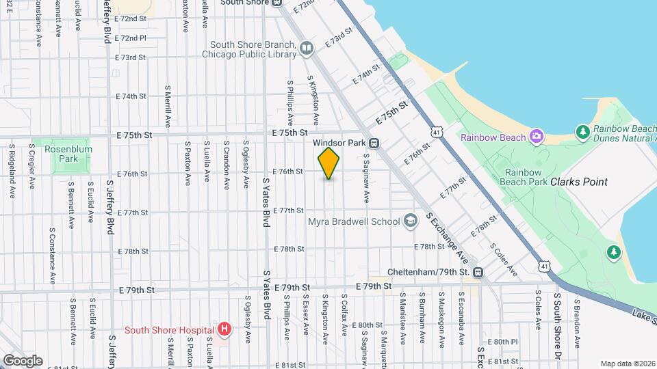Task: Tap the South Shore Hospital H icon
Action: click(x=224, y=330)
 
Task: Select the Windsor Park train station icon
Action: click(x=374, y=143)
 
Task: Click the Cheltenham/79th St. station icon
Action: click(x=477, y=272)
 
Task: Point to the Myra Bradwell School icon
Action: click(x=410, y=221)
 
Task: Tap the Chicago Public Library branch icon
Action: click(x=306, y=47)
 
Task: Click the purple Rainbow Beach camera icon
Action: click(x=537, y=137)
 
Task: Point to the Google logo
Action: click(x=23, y=360)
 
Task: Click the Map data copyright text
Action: click(x=627, y=364)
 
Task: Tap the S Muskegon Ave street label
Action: click(x=442, y=320)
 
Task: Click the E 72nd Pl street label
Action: click(x=130, y=38)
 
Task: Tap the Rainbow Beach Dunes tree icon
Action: click(x=582, y=131)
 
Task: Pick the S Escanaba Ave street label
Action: click(x=462, y=320)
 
